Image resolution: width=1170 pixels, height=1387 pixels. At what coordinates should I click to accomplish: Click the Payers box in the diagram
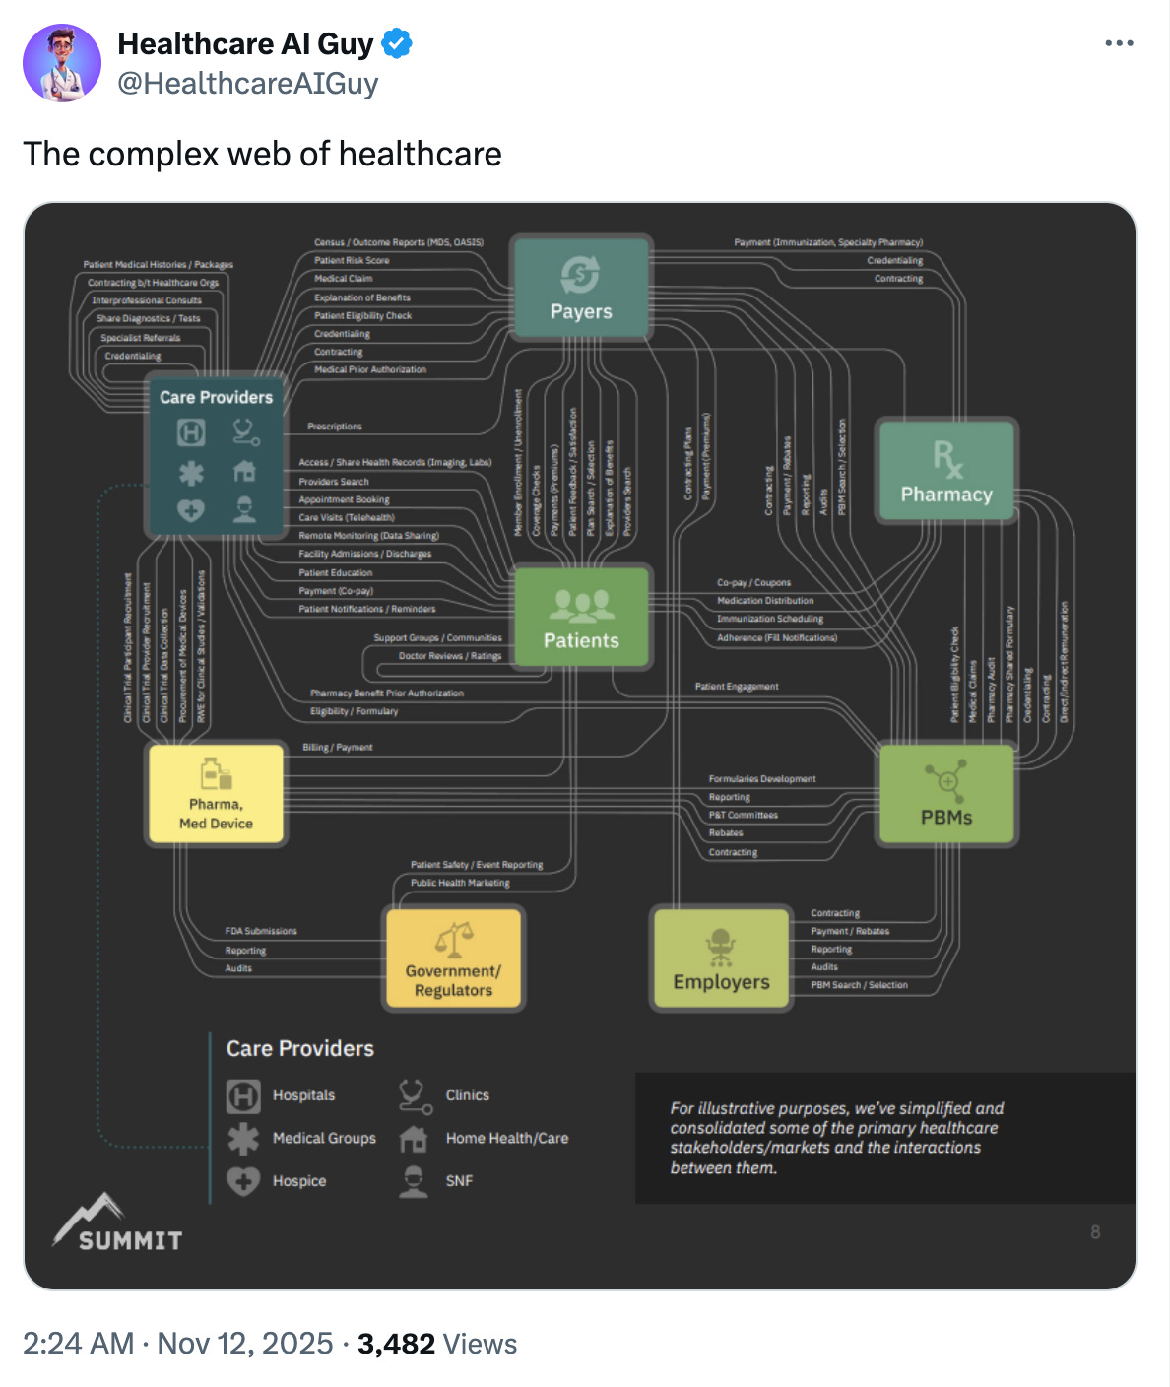[x=581, y=289]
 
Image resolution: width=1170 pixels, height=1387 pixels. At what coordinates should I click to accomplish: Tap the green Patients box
[x=581, y=618]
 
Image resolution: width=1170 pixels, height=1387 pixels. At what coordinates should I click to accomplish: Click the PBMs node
[x=945, y=794]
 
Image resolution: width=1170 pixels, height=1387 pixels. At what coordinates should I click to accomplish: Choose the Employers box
[x=721, y=958]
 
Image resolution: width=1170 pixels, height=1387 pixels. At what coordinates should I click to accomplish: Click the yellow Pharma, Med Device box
[x=216, y=794]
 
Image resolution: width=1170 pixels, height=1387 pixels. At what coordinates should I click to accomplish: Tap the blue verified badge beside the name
[x=397, y=44]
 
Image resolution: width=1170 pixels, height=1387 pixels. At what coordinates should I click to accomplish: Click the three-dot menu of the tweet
[x=1119, y=43]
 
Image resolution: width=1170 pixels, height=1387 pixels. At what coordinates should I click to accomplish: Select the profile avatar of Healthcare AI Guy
[x=62, y=63]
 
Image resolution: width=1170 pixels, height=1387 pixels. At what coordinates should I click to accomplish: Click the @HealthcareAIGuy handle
[x=247, y=84]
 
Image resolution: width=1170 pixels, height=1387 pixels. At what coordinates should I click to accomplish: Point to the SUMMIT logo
[x=118, y=1223]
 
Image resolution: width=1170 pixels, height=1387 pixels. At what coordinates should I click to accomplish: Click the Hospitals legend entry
[x=302, y=1095]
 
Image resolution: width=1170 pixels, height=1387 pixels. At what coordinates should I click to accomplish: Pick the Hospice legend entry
[x=298, y=1181]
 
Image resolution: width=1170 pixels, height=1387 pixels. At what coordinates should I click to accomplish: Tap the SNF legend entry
[x=458, y=1181]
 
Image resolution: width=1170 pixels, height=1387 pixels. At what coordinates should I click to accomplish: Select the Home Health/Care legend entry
[x=506, y=1138]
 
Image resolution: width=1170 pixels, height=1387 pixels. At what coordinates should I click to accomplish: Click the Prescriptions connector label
[x=335, y=427]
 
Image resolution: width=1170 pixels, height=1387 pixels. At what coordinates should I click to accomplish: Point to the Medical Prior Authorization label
[x=370, y=370]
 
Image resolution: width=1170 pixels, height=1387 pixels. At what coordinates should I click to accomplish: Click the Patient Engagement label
[x=737, y=687]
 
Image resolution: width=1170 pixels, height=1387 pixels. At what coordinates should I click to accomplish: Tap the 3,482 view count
[x=396, y=1344]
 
